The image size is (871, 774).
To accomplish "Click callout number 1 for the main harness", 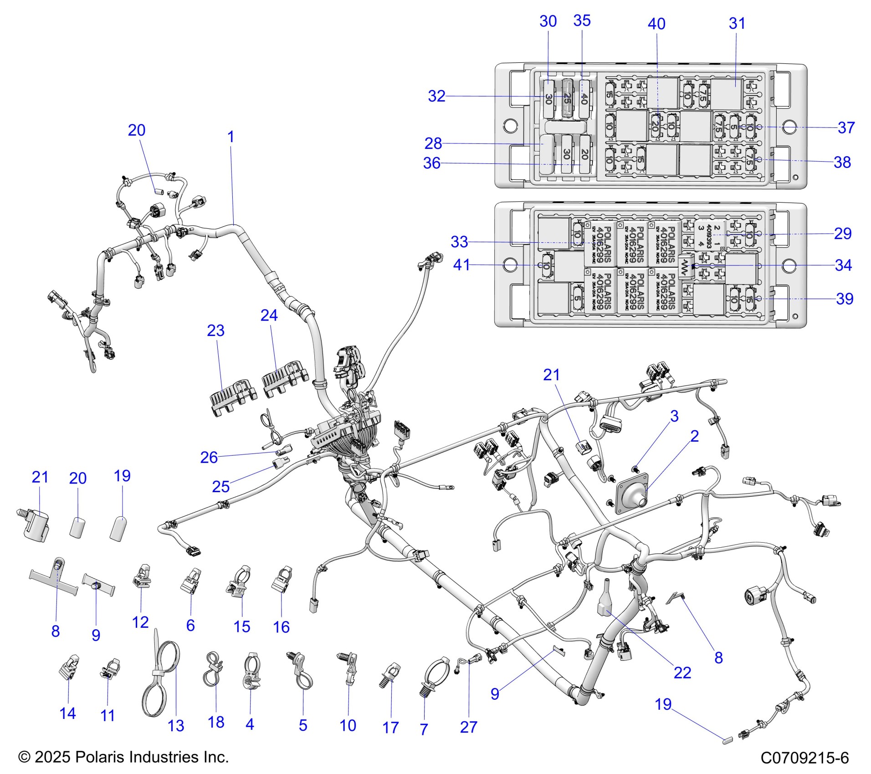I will (x=231, y=137).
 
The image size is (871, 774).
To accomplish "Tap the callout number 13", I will (x=176, y=726).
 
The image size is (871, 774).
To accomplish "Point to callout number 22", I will (x=682, y=672).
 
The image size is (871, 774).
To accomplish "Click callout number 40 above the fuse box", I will (x=656, y=24).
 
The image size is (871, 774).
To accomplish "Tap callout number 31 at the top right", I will (x=737, y=23).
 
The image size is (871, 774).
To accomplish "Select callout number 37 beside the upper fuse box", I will (x=846, y=127).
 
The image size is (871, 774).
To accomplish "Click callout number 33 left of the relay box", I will (x=459, y=242).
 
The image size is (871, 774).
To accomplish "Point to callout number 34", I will (x=843, y=265).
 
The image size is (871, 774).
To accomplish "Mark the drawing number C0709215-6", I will (x=804, y=758).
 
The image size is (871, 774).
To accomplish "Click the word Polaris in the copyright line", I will (x=97, y=757).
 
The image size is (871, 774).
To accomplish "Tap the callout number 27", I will (x=468, y=727).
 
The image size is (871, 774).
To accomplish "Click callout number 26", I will (x=209, y=457).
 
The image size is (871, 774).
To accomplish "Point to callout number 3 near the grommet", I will (x=674, y=416).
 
